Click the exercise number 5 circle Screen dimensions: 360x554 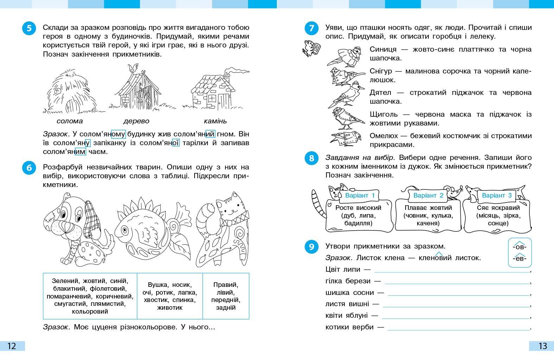pyautogui.click(x=29, y=28)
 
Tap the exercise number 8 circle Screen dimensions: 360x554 pyautogui.click(x=311, y=159)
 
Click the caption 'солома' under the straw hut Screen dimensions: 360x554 pyautogui.click(x=70, y=121)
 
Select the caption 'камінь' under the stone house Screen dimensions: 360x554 pyautogui.click(x=215, y=121)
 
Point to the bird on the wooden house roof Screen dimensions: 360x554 pyautogui.click(x=133, y=68)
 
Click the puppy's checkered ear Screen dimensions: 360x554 pyautogui.click(x=93, y=220)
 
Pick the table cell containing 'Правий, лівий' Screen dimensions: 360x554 pyautogui.click(x=226, y=296)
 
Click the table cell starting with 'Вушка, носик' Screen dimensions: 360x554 pyautogui.click(x=170, y=296)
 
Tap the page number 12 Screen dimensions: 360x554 pyautogui.click(x=12, y=346)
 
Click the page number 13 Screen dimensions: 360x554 pyautogui.click(x=542, y=346)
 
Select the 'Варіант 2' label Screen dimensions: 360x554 pyautogui.click(x=428, y=195)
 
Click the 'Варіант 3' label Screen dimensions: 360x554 pyautogui.click(x=497, y=195)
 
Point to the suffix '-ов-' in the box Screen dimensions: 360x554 pyautogui.click(x=520, y=247)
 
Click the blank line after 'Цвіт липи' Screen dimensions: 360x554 pyautogui.click(x=452, y=270)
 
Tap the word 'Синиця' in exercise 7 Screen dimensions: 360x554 pyautogui.click(x=383, y=50)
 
